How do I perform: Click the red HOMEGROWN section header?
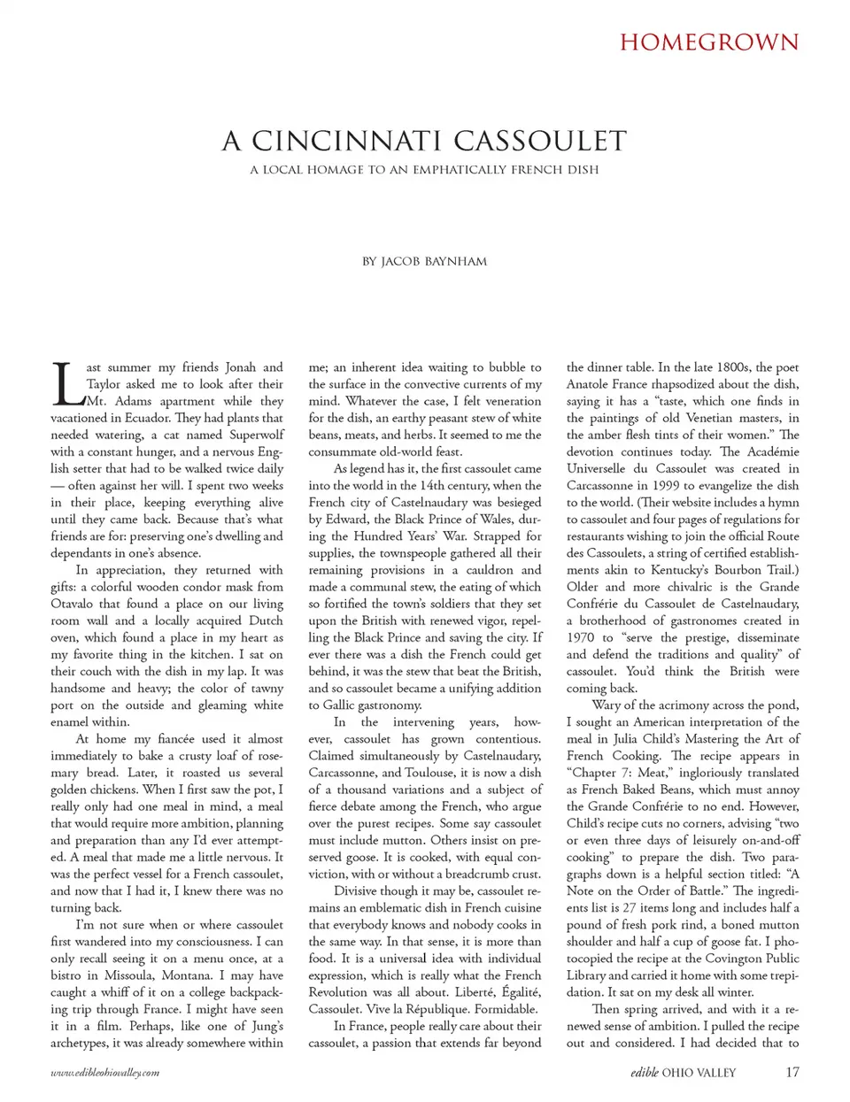[708, 42]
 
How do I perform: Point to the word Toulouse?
[430, 773]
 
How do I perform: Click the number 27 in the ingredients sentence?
[630, 907]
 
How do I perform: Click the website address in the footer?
[105, 1073]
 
